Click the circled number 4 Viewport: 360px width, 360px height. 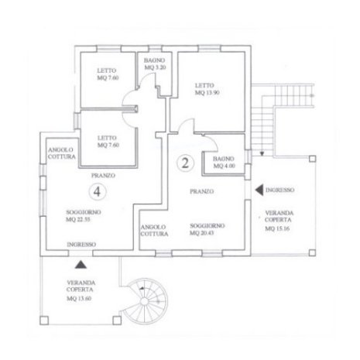[98, 192]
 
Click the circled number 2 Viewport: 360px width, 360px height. [185, 163]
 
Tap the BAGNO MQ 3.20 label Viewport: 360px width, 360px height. [155, 63]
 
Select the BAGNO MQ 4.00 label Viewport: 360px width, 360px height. [224, 163]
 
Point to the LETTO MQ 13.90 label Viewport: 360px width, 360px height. [207, 89]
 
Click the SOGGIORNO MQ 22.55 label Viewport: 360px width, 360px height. [84, 216]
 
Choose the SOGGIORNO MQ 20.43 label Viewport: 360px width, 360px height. [207, 229]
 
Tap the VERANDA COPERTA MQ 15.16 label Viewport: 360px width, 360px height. [279, 221]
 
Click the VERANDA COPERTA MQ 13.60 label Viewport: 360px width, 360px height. [81, 290]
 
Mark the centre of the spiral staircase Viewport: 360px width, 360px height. [145, 301]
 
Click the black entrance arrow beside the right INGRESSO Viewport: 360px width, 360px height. [259, 190]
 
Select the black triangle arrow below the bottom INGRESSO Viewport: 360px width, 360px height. [81, 265]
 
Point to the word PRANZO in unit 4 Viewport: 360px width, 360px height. [103, 176]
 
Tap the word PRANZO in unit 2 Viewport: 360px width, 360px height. [202, 191]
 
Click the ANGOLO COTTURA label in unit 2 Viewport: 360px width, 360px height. [154, 231]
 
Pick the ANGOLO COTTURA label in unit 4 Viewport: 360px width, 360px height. [62, 153]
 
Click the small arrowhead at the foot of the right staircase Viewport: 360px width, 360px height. [262, 154]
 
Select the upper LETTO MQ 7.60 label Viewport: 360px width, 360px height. [108, 74]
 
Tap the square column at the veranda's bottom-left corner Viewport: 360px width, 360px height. [44, 321]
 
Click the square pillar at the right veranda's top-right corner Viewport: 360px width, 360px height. [312, 159]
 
